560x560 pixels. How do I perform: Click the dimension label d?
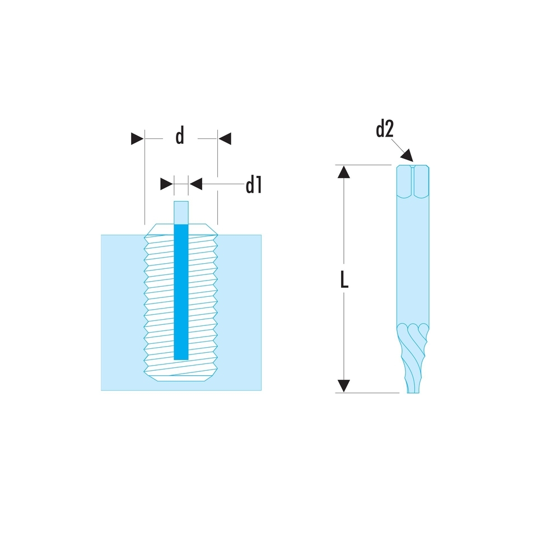pos(180,137)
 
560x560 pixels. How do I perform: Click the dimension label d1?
pos(254,185)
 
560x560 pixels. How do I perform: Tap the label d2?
pos(385,130)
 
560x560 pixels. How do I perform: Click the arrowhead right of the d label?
pos(225,138)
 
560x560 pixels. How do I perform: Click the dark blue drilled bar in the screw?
pos(181,291)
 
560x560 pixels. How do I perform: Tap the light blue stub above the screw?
pos(181,212)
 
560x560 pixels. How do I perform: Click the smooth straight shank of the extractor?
pos(413,258)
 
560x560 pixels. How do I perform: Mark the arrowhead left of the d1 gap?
pos(166,183)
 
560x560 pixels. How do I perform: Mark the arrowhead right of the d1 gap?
pos(195,183)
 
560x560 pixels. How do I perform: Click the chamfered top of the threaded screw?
pos(181,229)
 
